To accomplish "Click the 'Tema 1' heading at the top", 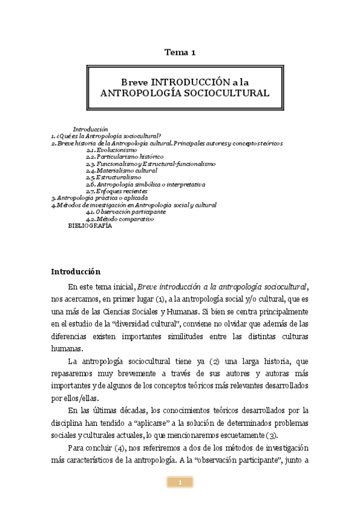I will click(180, 53).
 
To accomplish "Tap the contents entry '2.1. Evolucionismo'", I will click(108, 150).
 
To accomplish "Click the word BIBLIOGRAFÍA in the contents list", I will click(90, 226).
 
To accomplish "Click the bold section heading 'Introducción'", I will click(75, 271).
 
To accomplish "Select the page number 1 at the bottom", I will click(180, 482).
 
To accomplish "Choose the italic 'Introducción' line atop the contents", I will click(90, 129).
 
